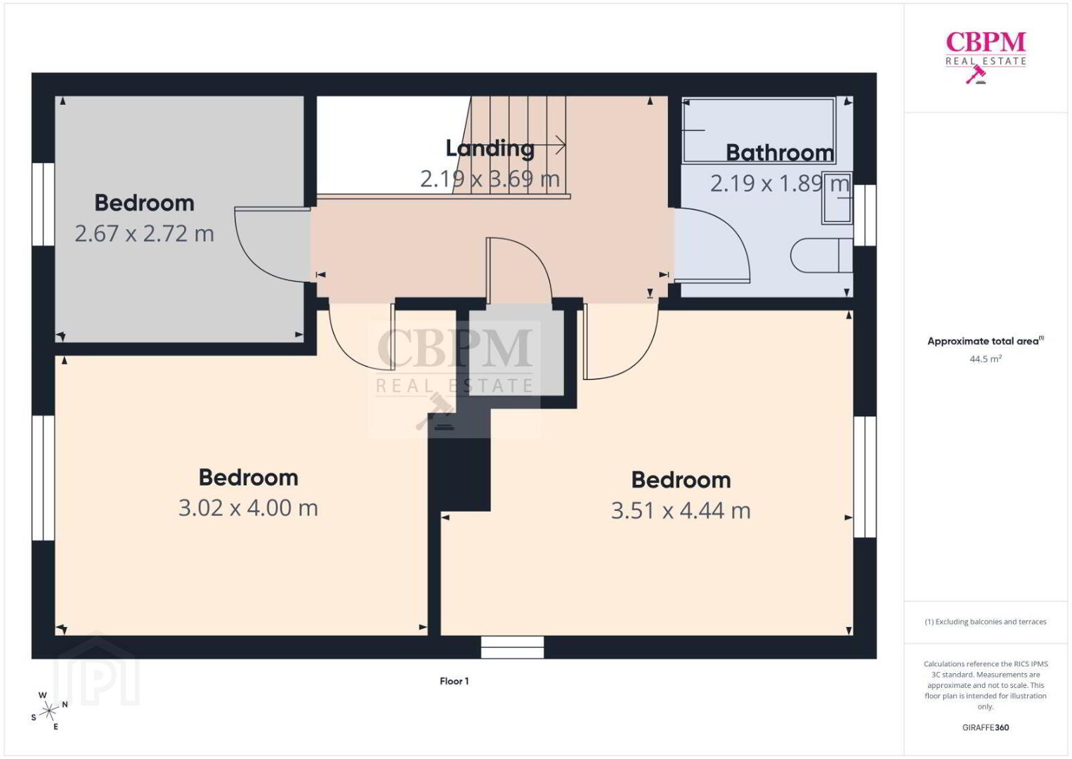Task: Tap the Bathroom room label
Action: (x=780, y=153)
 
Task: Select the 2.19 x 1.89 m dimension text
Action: (x=780, y=183)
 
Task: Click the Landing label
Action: (x=490, y=148)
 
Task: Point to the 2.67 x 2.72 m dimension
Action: (x=144, y=234)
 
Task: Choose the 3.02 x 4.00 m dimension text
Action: (x=248, y=508)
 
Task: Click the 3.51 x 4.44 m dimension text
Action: (x=681, y=510)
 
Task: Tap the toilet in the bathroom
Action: (x=821, y=255)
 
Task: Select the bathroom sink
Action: (x=837, y=197)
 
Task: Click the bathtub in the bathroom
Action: (x=759, y=130)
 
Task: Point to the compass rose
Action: (x=48, y=711)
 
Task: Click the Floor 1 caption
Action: (x=455, y=681)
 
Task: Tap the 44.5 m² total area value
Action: (x=986, y=358)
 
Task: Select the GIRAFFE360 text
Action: (x=986, y=727)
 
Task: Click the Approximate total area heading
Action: (x=986, y=341)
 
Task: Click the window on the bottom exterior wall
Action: (x=513, y=647)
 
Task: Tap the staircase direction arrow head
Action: (x=561, y=145)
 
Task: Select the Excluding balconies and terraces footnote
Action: (x=986, y=621)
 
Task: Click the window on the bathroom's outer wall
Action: (x=865, y=215)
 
